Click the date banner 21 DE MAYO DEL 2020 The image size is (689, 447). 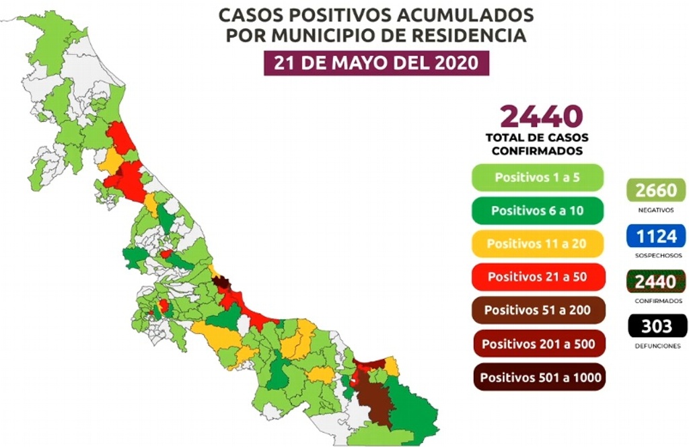(376, 63)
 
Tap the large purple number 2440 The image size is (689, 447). (540, 116)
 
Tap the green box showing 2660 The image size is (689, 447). (656, 191)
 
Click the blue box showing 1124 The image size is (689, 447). (656, 236)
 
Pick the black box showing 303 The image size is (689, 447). (656, 326)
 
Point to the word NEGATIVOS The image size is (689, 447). (656, 210)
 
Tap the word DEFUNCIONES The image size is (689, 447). (656, 346)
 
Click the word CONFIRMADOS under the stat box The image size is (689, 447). (656, 301)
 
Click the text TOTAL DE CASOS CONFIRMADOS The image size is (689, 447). (537, 144)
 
